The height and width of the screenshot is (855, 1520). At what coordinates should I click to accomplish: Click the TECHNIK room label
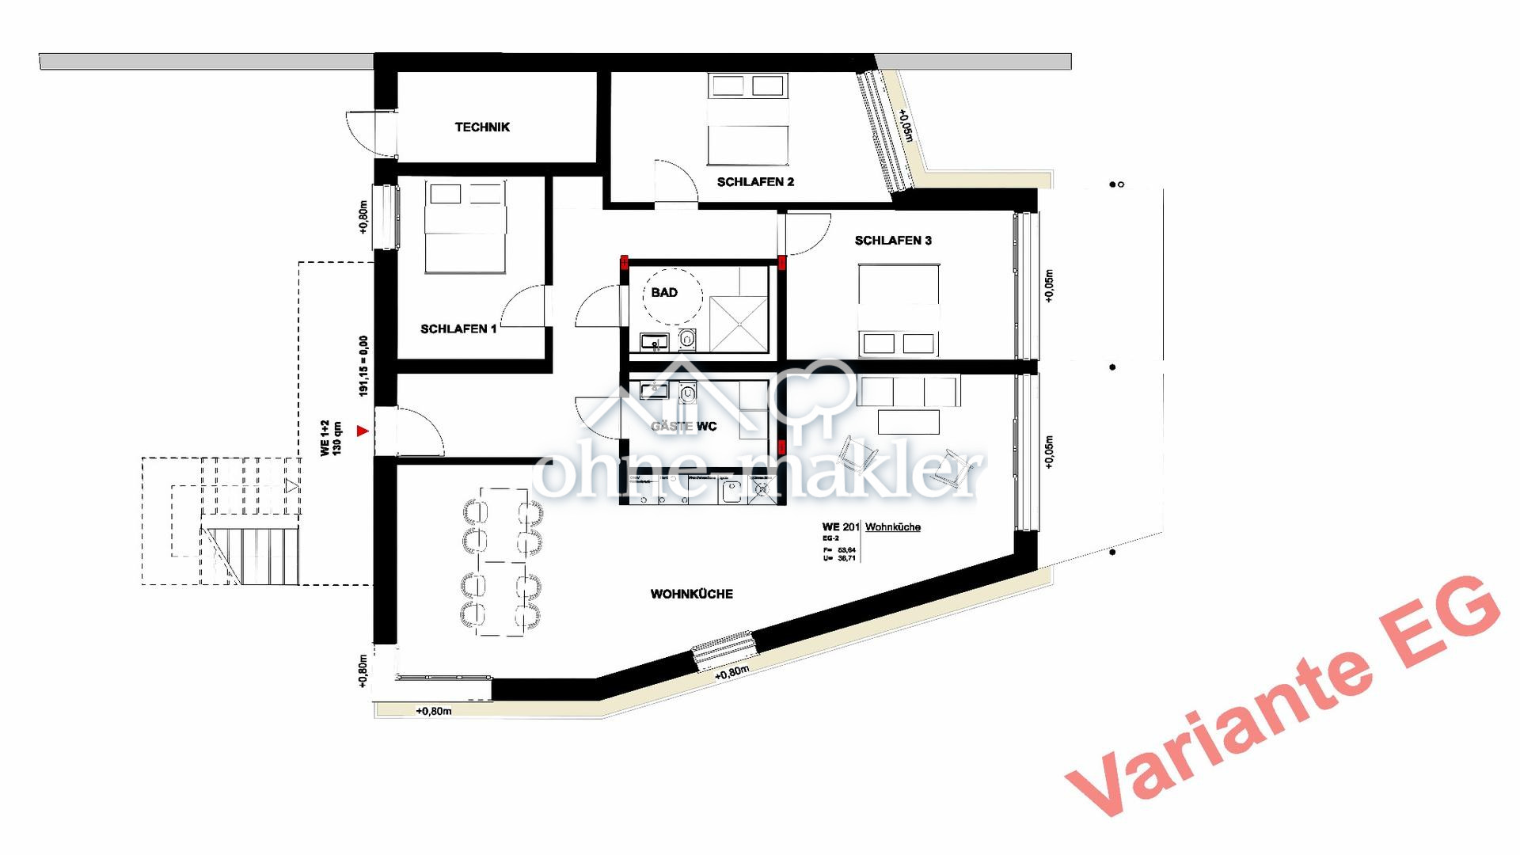[482, 127]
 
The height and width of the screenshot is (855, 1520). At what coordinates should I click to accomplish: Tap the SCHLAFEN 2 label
[755, 182]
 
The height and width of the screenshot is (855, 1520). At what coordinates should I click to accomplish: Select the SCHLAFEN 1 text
[458, 329]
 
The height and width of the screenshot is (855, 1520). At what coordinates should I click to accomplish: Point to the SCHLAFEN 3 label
[893, 241]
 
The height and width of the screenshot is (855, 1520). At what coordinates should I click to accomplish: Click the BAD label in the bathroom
[664, 293]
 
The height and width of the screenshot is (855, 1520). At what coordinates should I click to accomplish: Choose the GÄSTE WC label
[684, 427]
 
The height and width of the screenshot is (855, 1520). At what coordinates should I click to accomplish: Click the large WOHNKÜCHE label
[691, 594]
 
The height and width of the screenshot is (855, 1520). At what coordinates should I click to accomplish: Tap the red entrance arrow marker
[363, 431]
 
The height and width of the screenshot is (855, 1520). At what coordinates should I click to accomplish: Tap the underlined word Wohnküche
[893, 527]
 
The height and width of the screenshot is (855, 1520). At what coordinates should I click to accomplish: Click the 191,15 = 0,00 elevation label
[363, 366]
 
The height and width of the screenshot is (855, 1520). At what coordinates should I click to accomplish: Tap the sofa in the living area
[909, 392]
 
